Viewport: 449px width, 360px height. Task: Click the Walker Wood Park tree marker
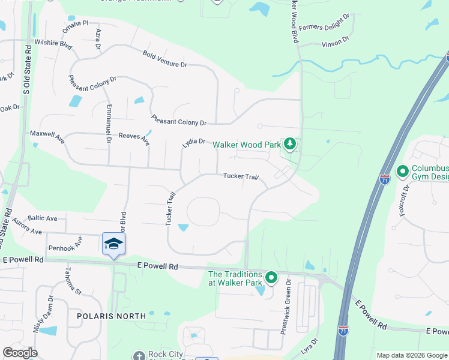291,144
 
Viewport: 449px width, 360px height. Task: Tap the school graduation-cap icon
113,243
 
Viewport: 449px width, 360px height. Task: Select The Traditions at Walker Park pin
271,277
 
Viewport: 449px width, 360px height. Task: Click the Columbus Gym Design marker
402,172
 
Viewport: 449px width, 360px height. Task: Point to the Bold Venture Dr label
165,59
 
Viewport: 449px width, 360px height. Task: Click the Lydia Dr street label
194,143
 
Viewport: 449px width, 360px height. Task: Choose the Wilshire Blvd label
53,43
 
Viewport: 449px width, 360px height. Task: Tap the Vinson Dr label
335,42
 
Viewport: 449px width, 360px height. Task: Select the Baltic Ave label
43,218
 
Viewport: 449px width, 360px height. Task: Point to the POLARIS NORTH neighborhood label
112,316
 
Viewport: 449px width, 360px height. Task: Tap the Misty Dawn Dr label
43,314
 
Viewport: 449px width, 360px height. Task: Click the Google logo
20,353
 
